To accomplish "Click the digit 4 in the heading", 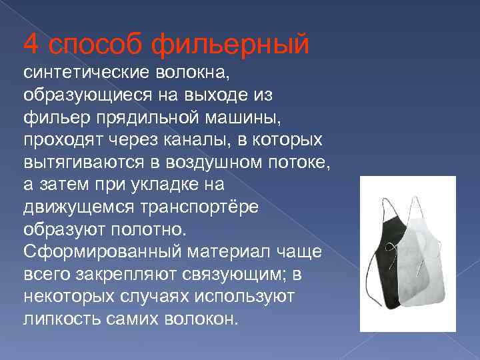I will [x=31, y=45].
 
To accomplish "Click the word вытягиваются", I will [x=77, y=162].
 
